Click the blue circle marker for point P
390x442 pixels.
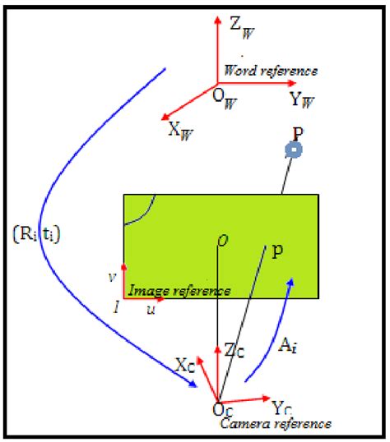pos(294,150)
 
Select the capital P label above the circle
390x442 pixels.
pos(298,131)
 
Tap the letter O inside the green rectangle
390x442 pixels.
pos(221,239)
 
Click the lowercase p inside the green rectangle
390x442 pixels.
pos(277,252)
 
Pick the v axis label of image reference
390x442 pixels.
pos(112,277)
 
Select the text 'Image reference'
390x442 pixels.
pos(178,291)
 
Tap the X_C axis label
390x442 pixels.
pos(185,364)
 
